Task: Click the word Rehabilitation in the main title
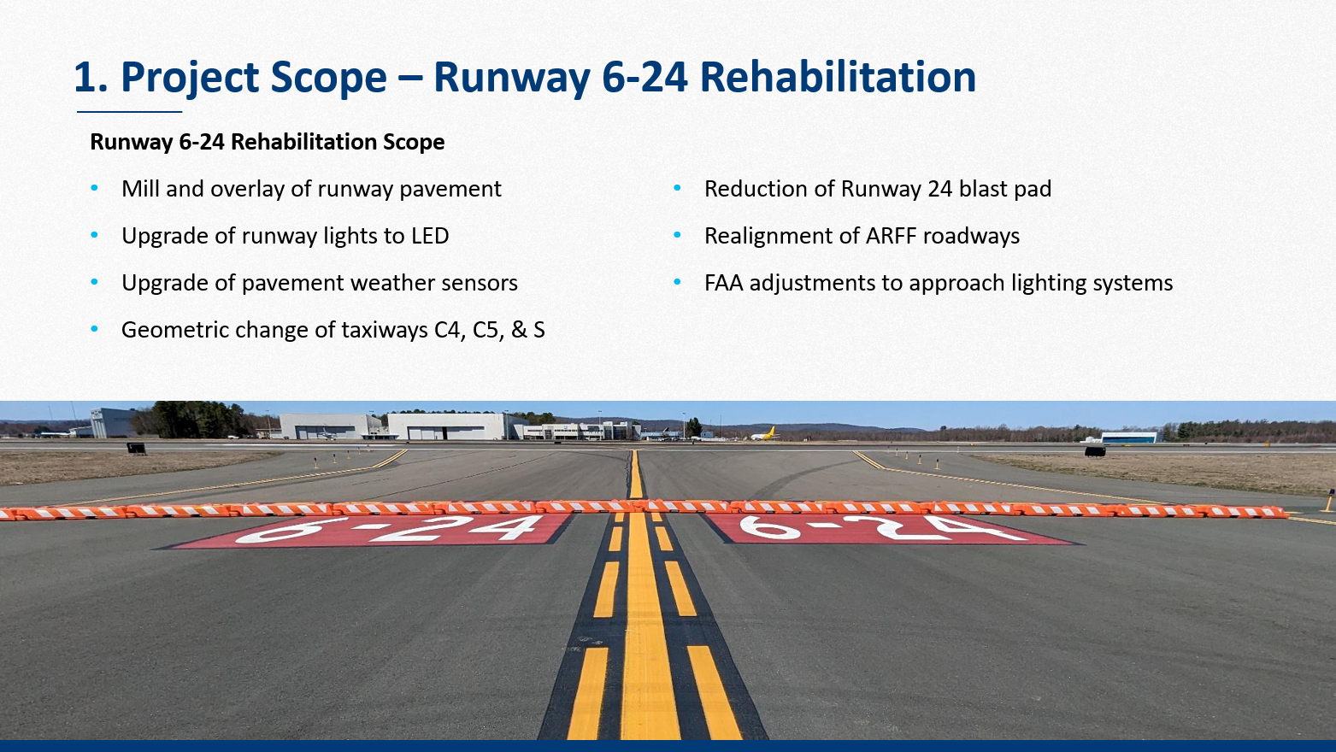(x=838, y=77)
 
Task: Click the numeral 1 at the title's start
(x=85, y=77)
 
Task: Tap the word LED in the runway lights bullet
(x=429, y=236)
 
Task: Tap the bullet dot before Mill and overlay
(x=94, y=189)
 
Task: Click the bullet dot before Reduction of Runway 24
(x=677, y=189)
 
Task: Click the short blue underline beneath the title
(x=129, y=111)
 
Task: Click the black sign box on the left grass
(x=137, y=448)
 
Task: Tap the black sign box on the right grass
(x=1095, y=451)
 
